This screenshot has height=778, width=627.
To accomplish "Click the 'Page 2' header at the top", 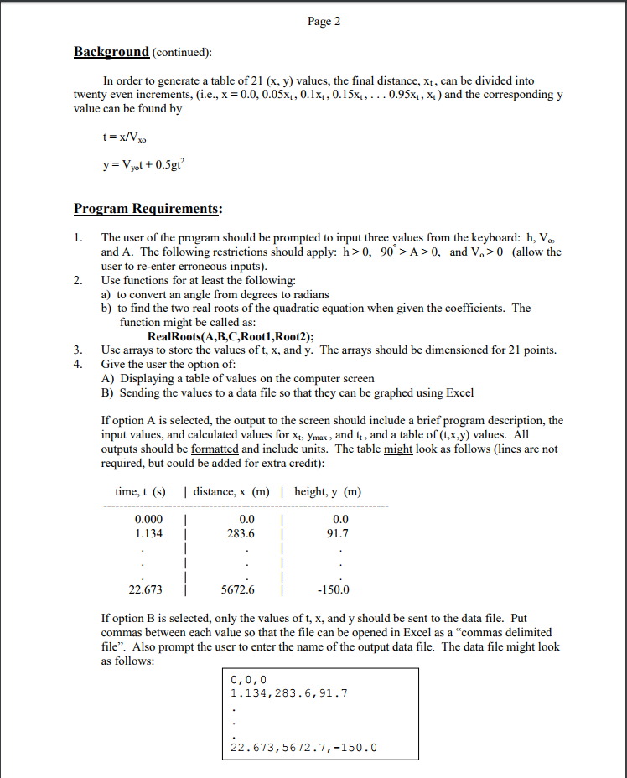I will (324, 22).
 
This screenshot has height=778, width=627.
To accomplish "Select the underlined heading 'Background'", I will (111, 52).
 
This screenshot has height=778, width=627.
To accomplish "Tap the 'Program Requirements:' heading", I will (147, 208).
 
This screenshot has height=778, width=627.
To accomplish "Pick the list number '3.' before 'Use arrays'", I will (79, 350).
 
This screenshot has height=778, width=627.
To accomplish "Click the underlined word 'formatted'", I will (215, 449).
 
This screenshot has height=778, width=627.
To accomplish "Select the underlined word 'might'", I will (398, 449).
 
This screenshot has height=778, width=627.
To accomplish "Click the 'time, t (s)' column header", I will (140, 491).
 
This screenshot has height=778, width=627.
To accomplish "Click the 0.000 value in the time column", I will (148, 519).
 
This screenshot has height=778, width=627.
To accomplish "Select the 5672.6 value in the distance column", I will (238, 589).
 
